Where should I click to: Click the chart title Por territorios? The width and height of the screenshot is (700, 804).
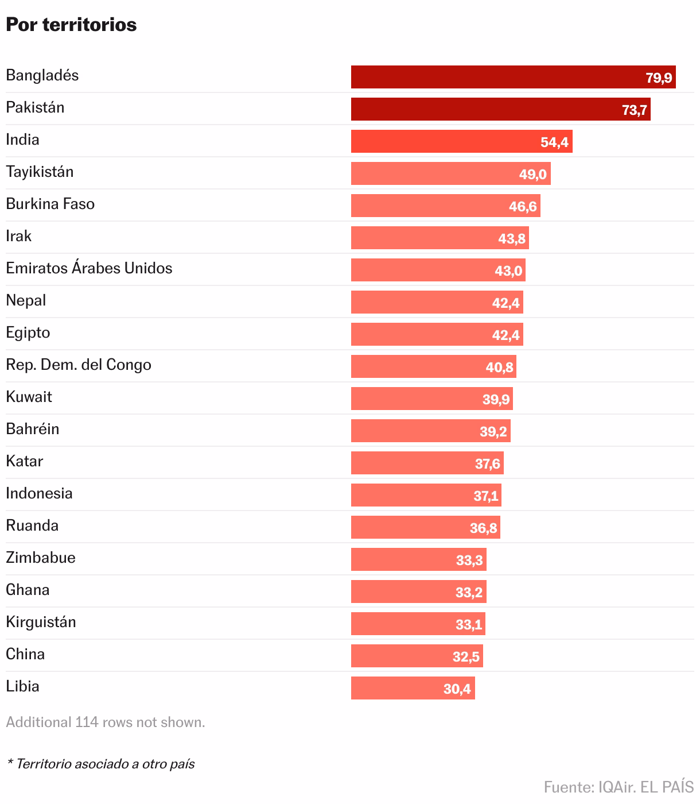click(x=71, y=25)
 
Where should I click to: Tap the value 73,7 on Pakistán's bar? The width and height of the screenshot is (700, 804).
click(x=635, y=110)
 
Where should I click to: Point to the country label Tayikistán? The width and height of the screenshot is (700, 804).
click(x=40, y=172)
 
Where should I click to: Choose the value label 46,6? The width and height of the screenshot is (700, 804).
click(x=523, y=206)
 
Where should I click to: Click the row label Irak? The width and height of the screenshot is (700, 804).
click(x=19, y=236)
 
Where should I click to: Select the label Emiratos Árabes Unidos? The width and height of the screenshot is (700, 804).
click(x=89, y=268)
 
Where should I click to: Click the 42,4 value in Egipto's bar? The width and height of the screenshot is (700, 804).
click(x=505, y=335)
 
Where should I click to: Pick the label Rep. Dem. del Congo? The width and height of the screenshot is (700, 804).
click(x=79, y=365)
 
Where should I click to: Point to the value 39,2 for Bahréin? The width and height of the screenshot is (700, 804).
click(x=493, y=431)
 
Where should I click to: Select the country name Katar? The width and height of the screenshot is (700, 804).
click(x=25, y=461)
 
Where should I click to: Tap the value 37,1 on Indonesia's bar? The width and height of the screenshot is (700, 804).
click(x=485, y=496)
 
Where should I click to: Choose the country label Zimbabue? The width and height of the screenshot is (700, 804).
click(x=41, y=558)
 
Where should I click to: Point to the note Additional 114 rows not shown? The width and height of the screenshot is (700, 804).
click(x=106, y=722)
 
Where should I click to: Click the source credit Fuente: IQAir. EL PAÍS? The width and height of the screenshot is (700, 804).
click(x=619, y=786)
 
